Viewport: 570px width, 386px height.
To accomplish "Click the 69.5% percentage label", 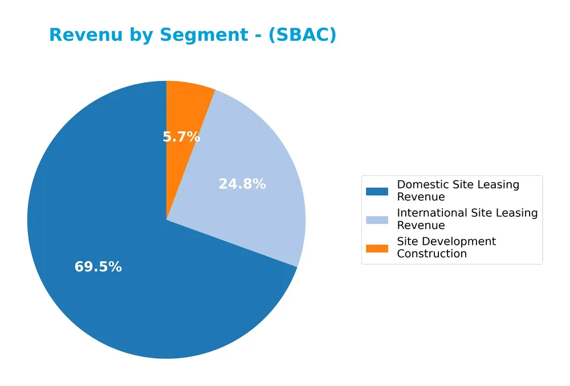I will tap(98, 267).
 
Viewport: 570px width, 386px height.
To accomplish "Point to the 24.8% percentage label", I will tap(242, 184).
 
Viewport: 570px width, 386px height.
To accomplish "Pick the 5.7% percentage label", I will tap(181, 137).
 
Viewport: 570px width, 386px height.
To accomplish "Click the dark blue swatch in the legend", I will tap(377, 191).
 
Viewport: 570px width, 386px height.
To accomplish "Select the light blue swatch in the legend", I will tap(377, 220).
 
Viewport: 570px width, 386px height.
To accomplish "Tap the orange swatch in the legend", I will tap(377, 248).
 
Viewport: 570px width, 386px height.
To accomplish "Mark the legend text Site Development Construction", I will tap(446, 248).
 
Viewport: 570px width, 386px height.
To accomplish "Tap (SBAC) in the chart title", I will tap(302, 35).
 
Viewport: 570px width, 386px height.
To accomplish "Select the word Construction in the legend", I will tap(431, 254).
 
